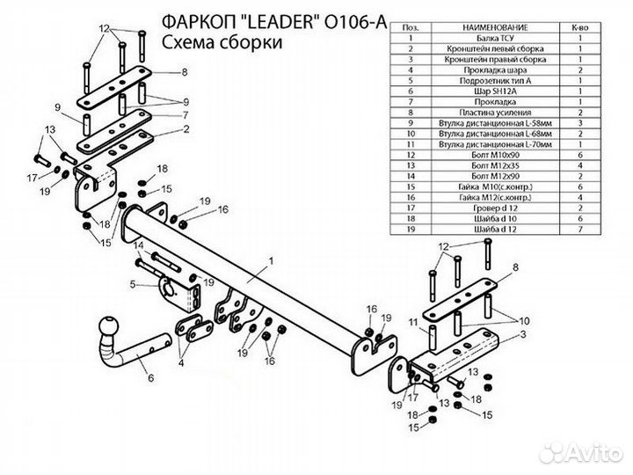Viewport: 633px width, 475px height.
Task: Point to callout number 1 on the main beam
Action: pyautogui.click(x=272, y=261)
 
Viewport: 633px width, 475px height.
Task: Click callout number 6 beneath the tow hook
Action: pyautogui.click(x=149, y=379)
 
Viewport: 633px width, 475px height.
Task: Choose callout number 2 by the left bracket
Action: pyautogui.click(x=186, y=128)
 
